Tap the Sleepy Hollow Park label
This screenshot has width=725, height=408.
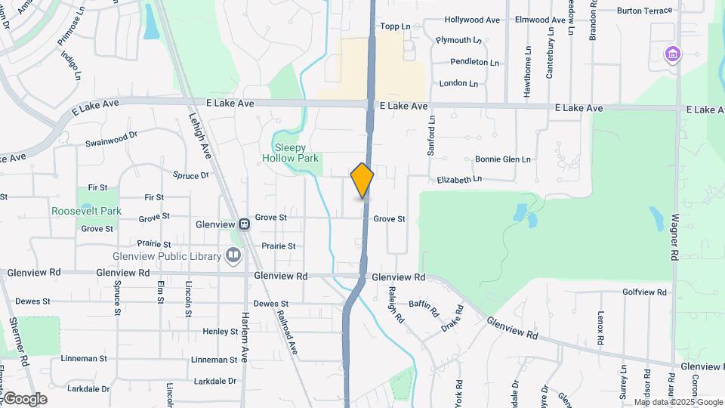(292, 153)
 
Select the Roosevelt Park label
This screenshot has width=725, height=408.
(86, 212)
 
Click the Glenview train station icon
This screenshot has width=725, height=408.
(244, 224)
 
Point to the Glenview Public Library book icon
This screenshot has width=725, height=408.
(234, 256)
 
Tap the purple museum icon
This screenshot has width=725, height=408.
(671, 54)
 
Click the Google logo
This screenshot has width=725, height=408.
(25, 399)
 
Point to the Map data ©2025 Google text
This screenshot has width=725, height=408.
(668, 402)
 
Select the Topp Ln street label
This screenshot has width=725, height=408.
(395, 26)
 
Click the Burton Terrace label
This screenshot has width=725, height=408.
(643, 11)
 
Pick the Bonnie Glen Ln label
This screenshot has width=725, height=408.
(503, 159)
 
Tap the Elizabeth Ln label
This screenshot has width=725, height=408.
(459, 180)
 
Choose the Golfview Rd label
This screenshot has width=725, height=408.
(645, 292)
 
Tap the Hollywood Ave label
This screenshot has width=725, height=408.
(472, 20)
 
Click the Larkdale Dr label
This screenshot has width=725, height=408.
(215, 381)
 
